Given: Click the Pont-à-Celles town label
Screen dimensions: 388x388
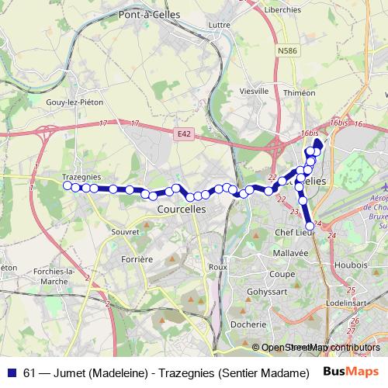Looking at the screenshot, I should click(149, 14).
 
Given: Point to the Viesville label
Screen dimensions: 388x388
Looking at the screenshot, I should click(255, 91).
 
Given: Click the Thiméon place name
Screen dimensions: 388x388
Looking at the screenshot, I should click(300, 92).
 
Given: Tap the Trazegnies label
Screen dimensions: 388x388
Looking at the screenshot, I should click(81, 177).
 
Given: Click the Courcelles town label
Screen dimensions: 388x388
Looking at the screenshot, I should click(181, 210).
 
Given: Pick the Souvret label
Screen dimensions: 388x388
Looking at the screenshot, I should click(125, 231).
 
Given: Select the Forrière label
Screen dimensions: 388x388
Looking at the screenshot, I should click(137, 259).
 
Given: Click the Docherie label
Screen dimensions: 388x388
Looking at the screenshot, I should click(247, 324).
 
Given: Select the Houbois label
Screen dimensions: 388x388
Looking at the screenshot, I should click(352, 265).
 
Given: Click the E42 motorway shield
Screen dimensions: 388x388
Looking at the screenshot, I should click(184, 134).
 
